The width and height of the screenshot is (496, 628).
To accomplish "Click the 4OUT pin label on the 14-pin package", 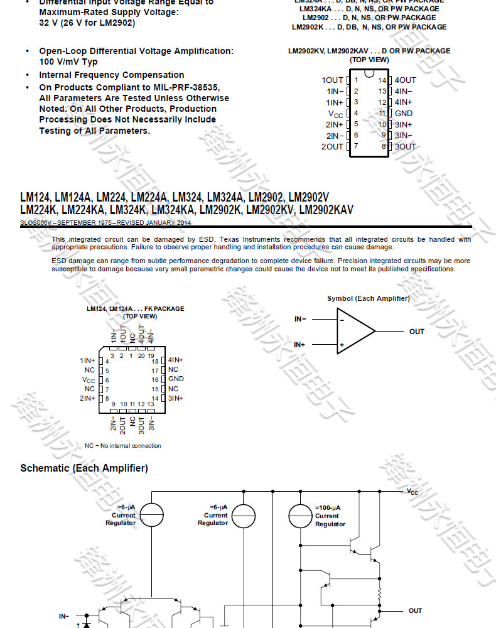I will tap(405, 80).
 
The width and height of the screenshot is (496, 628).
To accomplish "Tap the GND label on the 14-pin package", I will tap(404, 114).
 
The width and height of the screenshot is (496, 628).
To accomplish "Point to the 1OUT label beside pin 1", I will tap(333, 80).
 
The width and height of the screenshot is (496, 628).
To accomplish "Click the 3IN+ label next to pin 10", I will tap(403, 124).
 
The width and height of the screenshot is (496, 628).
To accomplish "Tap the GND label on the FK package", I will tap(176, 379).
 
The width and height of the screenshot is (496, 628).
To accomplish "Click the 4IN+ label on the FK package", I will tap(176, 360).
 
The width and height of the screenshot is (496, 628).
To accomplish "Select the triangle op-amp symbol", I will tap(355, 332).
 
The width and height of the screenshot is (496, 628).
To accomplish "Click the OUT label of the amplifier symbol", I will tap(417, 332).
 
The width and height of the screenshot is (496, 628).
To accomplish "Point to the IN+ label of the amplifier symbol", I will tap(300, 345).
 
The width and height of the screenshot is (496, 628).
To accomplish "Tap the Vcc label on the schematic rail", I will tap(412, 492).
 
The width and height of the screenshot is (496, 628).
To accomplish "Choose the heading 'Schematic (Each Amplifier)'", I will tap(84, 468).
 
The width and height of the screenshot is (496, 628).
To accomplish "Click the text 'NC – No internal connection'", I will tap(123, 446).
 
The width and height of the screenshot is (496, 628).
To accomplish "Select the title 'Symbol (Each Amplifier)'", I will tap(368, 298).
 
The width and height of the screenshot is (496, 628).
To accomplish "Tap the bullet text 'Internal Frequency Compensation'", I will tap(112, 75).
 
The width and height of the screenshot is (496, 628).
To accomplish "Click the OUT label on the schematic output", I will tap(416, 610).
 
